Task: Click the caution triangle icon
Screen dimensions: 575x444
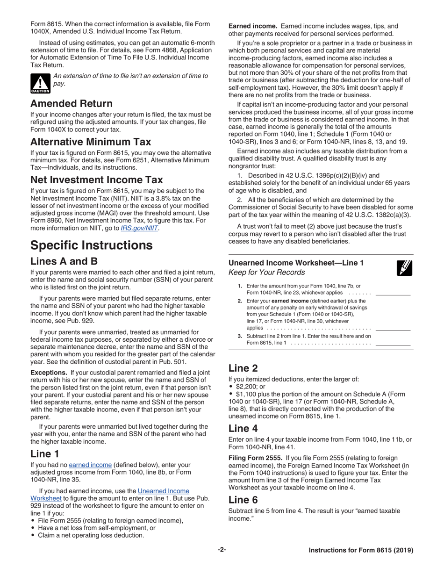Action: pyautogui.click(x=40, y=83)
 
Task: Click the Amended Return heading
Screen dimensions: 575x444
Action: pyautogui.click(x=71, y=103)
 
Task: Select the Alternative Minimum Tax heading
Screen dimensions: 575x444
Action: pyautogui.click(x=90, y=141)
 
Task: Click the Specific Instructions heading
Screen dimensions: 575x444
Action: pyautogui.click(x=91, y=245)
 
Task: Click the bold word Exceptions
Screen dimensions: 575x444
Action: pyautogui.click(x=49, y=373)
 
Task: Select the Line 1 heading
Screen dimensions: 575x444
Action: pyautogui.click(x=45, y=453)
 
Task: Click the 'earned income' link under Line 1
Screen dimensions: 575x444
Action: pyautogui.click(x=90, y=465)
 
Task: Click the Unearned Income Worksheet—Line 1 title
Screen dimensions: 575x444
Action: pyautogui.click(x=296, y=263)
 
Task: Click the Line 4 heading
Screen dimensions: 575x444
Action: pyautogui.click(x=243, y=428)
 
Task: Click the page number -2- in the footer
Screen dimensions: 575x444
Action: pyautogui.click(x=222, y=550)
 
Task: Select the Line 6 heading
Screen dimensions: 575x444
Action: pyautogui.click(x=243, y=500)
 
